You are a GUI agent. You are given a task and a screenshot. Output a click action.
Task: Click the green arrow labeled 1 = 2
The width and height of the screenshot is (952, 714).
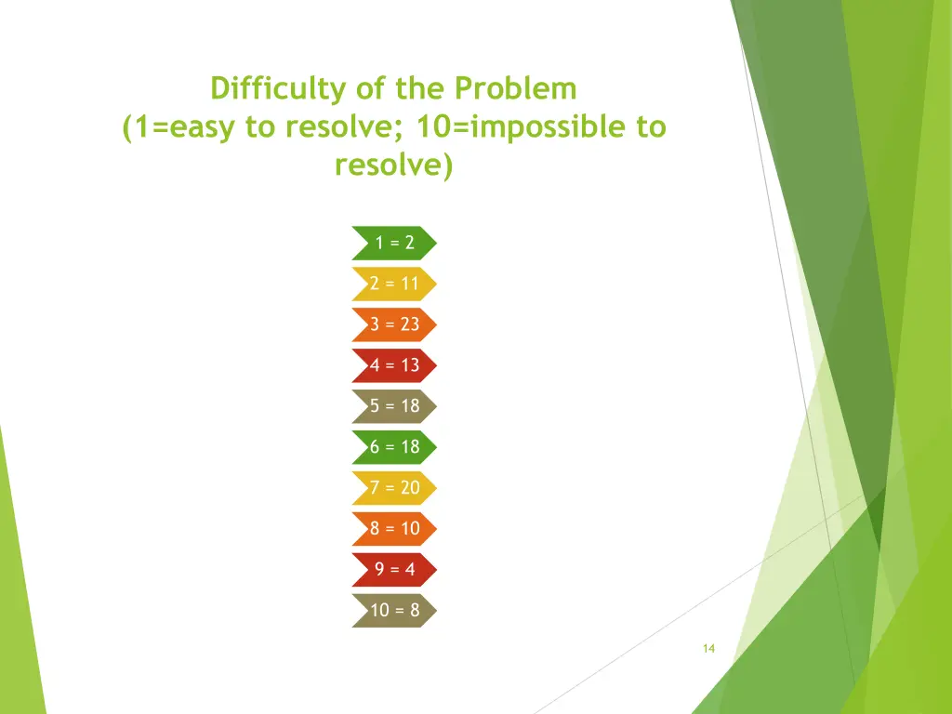(x=394, y=243)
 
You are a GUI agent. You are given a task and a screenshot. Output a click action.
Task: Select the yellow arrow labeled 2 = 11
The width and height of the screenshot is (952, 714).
(x=394, y=284)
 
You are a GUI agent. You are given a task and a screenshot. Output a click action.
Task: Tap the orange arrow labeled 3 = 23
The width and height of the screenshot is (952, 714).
(x=394, y=324)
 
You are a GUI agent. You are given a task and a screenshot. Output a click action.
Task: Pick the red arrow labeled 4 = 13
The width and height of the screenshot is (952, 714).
(x=394, y=365)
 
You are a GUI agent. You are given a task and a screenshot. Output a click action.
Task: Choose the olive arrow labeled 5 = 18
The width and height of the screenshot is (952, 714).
(x=394, y=406)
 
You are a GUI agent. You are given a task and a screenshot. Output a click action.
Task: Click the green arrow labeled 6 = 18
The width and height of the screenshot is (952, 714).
(x=394, y=447)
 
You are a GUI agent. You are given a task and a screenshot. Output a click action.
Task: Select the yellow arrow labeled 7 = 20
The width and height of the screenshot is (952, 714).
(x=394, y=488)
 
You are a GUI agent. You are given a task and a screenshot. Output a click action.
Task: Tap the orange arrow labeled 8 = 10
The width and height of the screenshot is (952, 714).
(x=394, y=529)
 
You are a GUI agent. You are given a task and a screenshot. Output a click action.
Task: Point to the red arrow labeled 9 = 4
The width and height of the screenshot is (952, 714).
(x=394, y=570)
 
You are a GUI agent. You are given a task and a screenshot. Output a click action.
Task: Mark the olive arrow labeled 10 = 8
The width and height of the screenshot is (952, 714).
(x=394, y=611)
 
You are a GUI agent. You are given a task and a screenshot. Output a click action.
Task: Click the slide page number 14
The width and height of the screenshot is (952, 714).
(x=708, y=649)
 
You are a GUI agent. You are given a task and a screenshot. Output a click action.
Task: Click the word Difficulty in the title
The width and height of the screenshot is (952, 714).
(x=278, y=89)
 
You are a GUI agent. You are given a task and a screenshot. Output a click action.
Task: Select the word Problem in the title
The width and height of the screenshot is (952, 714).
(x=516, y=89)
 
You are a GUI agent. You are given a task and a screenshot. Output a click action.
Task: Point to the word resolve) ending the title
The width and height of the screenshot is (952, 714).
(x=394, y=165)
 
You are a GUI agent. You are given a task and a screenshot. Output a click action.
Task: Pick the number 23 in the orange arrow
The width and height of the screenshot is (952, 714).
(x=410, y=324)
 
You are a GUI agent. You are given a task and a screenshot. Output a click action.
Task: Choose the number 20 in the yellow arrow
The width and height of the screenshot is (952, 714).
(x=410, y=488)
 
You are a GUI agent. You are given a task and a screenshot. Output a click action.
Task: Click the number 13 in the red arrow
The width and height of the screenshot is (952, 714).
(x=410, y=365)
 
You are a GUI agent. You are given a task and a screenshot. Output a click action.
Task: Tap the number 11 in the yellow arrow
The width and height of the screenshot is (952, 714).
(x=410, y=284)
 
